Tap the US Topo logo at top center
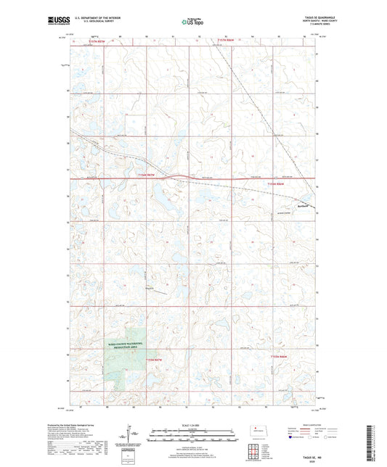click(192, 22)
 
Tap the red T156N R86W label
click(277, 184)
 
